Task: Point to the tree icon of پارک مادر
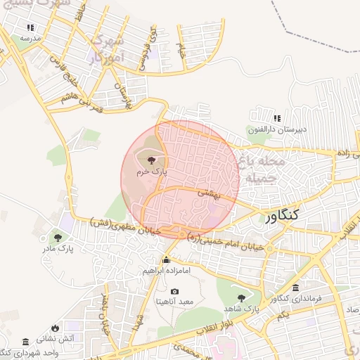pos(57,236)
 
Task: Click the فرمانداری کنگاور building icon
pos(295,288)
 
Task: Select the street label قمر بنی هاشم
pos(86,105)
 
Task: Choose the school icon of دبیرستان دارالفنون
pos(277,117)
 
